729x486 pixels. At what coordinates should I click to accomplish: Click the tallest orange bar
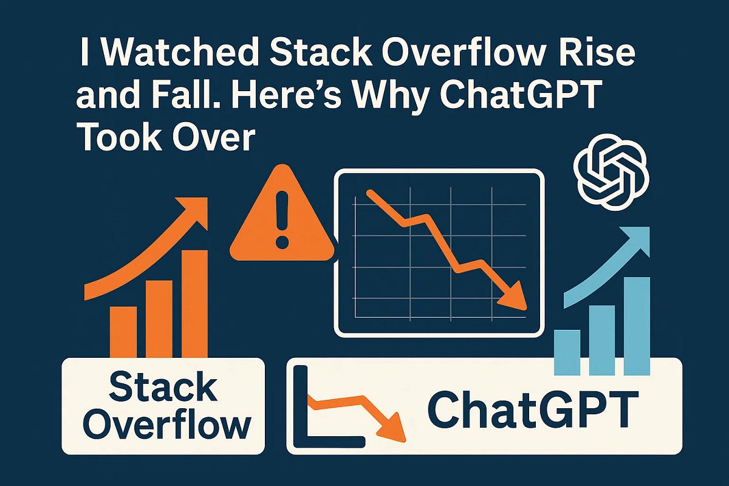(194, 304)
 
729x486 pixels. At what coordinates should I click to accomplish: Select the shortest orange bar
(123, 331)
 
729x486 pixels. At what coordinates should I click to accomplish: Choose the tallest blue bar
(637, 325)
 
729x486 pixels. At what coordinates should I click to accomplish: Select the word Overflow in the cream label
(164, 425)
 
